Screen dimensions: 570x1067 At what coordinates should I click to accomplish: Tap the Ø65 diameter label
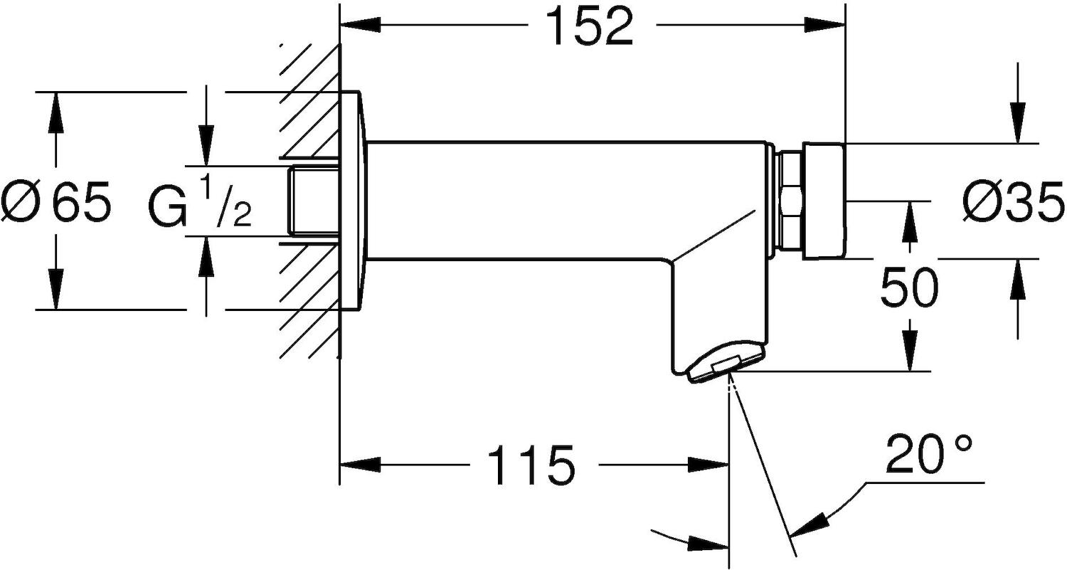57,201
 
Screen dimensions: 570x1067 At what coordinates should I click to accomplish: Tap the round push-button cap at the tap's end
824,201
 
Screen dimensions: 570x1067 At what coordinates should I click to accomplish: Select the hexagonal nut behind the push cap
790,201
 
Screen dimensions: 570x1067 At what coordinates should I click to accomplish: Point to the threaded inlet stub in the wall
312,201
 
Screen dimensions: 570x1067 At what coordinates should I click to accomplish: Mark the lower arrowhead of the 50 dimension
910,353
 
